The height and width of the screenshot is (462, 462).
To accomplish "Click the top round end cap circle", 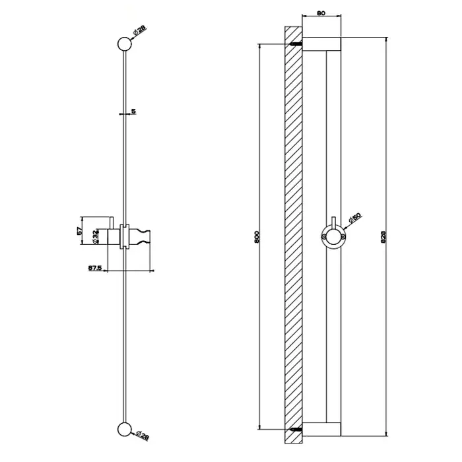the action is (124, 44).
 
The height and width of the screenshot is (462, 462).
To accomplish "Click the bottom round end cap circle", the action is (124, 429).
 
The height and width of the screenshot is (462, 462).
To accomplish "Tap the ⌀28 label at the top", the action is (139, 30).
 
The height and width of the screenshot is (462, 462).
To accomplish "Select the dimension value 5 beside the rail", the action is (133, 112).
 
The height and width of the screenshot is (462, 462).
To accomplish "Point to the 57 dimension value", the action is (79, 231).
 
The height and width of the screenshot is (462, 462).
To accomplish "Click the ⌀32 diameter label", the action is (95, 237).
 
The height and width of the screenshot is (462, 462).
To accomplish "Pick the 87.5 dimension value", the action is (95, 268).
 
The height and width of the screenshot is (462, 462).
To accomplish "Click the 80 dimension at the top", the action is (321, 13).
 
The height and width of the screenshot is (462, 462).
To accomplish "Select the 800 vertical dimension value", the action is (256, 237).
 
